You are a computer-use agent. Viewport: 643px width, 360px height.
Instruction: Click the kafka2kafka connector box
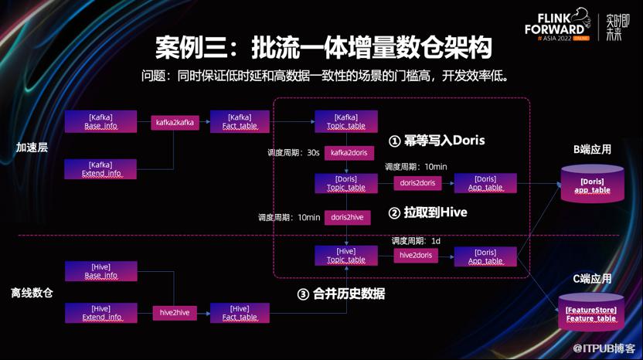click(x=175, y=121)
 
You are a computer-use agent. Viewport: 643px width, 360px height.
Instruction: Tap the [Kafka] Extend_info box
click(x=100, y=169)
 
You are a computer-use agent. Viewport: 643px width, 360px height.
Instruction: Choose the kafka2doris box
click(x=349, y=153)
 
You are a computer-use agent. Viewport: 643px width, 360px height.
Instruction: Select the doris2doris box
click(x=416, y=183)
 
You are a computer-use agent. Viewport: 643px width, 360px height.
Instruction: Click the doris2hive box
click(x=347, y=217)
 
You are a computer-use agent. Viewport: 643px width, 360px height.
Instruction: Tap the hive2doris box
click(x=416, y=253)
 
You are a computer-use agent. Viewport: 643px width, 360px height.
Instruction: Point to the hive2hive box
click(x=174, y=312)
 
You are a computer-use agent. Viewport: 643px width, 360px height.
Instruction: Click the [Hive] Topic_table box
click(x=346, y=255)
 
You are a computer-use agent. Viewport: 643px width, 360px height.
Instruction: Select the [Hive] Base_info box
click(x=100, y=271)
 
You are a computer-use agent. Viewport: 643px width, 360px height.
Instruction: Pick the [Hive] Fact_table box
click(x=240, y=312)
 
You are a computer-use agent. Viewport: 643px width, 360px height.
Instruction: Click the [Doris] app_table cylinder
click(x=591, y=184)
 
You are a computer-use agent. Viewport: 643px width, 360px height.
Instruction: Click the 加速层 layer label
click(x=32, y=147)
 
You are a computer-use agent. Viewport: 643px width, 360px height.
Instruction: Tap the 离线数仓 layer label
click(x=32, y=294)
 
